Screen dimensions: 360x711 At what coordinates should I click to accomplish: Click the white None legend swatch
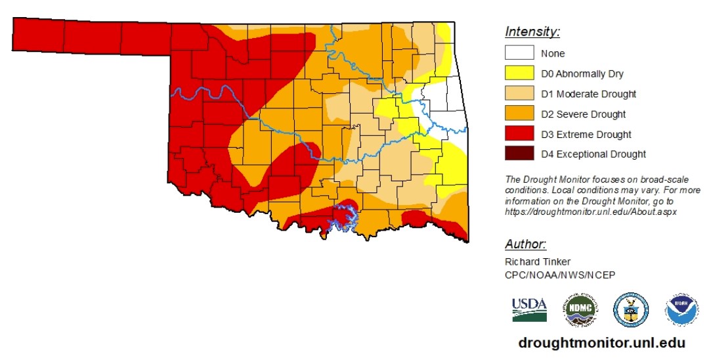click(519, 53)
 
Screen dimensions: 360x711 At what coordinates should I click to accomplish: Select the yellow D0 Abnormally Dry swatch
click(519, 74)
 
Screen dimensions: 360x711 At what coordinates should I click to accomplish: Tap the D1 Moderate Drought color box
click(519, 94)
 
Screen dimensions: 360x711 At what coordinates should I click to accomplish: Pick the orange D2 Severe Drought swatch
click(519, 114)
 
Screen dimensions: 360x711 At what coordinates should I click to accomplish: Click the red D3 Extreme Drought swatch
click(519, 134)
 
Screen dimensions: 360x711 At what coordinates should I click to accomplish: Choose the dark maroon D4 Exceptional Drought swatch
click(519, 154)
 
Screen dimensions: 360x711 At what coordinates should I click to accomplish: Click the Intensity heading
click(532, 32)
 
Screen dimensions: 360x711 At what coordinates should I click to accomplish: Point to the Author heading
click(525, 244)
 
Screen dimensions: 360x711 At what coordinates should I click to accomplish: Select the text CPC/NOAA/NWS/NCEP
click(559, 275)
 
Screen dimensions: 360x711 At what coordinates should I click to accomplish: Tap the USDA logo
click(529, 309)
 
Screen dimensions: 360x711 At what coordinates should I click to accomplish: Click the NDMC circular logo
click(579, 309)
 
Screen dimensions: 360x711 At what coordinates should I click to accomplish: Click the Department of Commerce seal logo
click(630, 309)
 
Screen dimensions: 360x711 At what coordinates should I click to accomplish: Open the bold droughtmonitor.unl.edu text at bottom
click(601, 343)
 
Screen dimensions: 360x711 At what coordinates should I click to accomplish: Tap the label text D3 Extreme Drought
click(586, 135)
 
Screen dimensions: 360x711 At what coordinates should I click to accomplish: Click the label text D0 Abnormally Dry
click(582, 74)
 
